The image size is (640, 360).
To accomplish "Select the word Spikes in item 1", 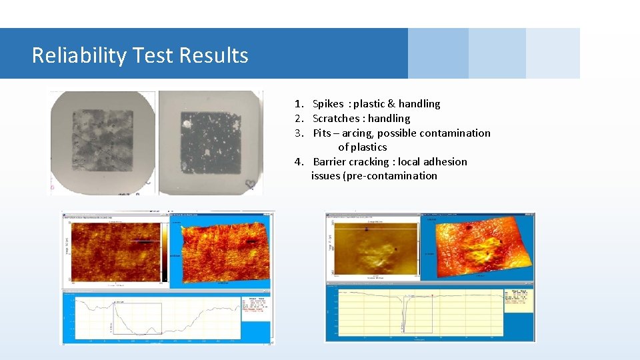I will [328, 104].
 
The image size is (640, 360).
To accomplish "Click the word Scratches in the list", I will [336, 119].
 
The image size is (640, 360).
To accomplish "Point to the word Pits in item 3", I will [322, 133].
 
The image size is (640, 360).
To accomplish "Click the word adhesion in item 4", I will [445, 162].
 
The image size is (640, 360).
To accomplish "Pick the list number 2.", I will [299, 119].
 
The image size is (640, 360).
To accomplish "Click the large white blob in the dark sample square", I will [187, 123].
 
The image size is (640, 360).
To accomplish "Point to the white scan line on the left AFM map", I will [144, 241].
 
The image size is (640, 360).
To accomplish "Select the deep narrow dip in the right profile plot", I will [403, 313].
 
